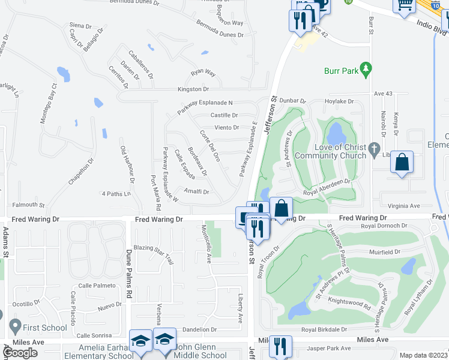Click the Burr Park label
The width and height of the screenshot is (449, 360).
340,71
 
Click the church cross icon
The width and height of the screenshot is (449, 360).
375,148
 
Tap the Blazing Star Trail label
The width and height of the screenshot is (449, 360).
154,254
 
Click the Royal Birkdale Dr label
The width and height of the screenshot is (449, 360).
324,329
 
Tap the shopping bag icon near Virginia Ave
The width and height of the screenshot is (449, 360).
401,162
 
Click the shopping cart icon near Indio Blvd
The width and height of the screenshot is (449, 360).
405,5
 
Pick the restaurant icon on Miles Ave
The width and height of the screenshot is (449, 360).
280,346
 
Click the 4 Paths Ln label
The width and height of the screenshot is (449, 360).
116,194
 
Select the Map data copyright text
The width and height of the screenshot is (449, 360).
424,355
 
